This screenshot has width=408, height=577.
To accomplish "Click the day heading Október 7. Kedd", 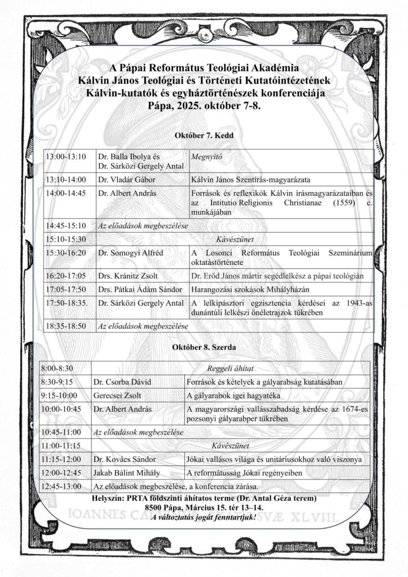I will coord(203,136).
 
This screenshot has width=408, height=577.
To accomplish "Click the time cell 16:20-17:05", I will coord(66,276).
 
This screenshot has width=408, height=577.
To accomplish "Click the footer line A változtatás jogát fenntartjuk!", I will coord(203,517).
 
